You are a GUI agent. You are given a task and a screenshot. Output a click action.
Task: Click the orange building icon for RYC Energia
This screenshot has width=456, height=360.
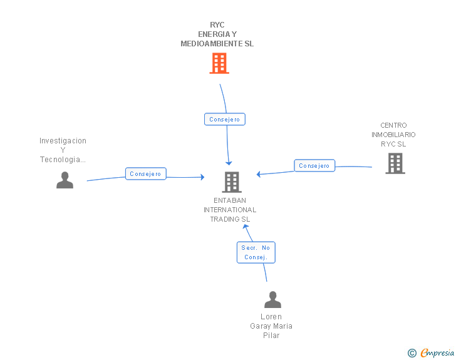pyautogui.click(x=219, y=63)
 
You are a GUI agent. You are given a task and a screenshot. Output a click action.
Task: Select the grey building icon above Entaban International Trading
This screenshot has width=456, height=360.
pyautogui.click(x=232, y=182)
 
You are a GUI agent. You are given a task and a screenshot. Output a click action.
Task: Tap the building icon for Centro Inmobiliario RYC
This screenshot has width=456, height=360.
pyautogui.click(x=395, y=163)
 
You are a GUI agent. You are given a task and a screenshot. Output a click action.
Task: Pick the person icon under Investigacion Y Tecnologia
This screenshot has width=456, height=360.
pyautogui.click(x=65, y=180)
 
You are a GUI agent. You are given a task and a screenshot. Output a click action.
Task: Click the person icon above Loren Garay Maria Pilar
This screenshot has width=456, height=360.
pyautogui.click(x=273, y=299)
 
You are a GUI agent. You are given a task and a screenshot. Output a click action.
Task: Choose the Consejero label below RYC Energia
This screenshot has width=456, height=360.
pyautogui.click(x=225, y=119)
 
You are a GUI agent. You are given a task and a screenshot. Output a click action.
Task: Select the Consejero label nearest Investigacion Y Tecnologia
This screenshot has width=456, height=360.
pyautogui.click(x=146, y=173)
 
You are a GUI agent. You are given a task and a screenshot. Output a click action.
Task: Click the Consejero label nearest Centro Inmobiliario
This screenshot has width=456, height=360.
pyautogui.click(x=314, y=165)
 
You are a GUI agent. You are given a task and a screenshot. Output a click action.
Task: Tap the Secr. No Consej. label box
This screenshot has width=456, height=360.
pyautogui.click(x=256, y=252)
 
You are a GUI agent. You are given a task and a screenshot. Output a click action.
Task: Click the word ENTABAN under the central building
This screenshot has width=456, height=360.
pyautogui.click(x=230, y=200)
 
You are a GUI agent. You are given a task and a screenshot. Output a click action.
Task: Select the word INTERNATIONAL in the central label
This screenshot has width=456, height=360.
pyautogui.click(x=230, y=210)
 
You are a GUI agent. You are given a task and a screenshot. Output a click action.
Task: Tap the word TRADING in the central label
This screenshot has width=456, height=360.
pyautogui.click(x=224, y=219)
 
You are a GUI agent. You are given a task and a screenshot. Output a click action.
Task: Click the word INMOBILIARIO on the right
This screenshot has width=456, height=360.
pyautogui.click(x=393, y=135)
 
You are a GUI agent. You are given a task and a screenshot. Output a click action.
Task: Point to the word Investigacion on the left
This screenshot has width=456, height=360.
pyautogui.click(x=63, y=141)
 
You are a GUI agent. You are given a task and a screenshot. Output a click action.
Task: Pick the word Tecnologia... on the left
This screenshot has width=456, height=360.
pyautogui.click(x=63, y=160)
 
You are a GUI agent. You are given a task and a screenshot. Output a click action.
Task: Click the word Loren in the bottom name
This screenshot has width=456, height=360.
pyautogui.click(x=271, y=317)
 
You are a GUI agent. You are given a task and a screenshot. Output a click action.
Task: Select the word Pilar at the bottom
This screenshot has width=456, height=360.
pyautogui.click(x=271, y=336)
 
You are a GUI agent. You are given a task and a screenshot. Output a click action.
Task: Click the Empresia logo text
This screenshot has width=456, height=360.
pyautogui.click(x=437, y=352)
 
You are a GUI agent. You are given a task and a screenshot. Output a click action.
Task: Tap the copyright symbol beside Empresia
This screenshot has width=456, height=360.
pyautogui.click(x=412, y=353)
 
